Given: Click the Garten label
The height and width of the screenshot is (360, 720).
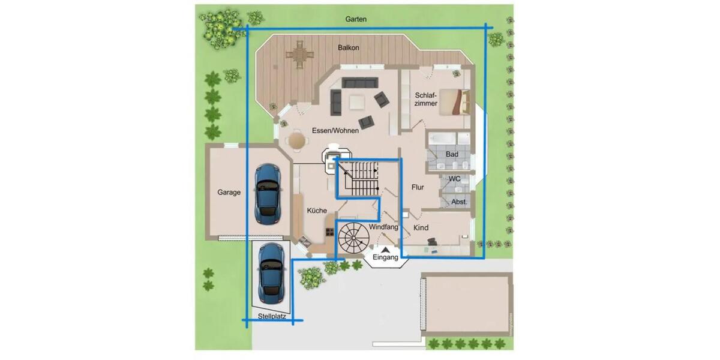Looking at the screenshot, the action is (356, 19).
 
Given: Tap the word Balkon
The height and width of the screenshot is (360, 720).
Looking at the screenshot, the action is (349, 47).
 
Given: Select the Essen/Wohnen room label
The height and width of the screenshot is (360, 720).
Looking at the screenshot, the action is (335, 131).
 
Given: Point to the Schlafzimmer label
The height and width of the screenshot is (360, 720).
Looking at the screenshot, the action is (426, 100).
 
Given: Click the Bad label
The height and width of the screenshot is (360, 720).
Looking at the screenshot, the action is (452, 154).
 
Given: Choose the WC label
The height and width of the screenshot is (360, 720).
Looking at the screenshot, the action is (455, 179).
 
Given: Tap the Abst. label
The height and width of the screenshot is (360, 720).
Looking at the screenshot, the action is (458, 202).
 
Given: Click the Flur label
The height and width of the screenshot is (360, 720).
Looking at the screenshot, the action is (418, 187).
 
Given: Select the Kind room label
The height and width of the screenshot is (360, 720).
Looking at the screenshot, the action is (421, 228).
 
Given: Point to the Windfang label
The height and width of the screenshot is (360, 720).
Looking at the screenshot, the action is (383, 227).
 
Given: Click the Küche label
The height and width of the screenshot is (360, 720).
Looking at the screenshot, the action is (317, 211).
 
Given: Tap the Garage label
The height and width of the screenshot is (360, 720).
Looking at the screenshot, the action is (229, 192).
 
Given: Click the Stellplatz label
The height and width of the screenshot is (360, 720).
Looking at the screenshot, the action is (272, 316).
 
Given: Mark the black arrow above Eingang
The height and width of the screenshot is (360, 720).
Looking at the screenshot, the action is (386, 250).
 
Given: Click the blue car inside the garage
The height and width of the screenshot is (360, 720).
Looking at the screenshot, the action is (268, 194).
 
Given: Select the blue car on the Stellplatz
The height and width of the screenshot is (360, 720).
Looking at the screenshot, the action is (272, 274).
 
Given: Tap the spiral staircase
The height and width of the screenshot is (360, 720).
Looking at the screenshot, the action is (353, 238).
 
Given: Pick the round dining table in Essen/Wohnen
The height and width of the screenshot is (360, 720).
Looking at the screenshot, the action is (296, 140).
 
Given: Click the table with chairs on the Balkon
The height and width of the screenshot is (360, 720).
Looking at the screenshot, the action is (299, 55).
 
